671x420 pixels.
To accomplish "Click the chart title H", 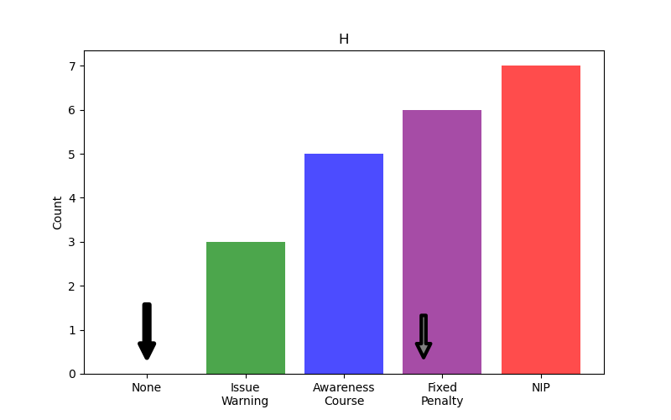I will coord(344,39).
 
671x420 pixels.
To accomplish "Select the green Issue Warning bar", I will coord(246,307).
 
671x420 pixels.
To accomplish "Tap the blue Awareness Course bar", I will coord(344,264).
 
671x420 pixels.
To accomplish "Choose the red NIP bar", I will coord(540,219).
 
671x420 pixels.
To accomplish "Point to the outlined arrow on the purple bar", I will coord(424,336).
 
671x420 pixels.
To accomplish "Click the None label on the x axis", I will coord(147,387).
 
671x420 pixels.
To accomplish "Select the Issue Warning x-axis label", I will coord(245,394).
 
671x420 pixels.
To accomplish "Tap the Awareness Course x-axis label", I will coord(344,394).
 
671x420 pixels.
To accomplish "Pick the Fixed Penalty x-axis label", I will coord(442,394).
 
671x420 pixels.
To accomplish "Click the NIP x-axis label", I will coord(540,387).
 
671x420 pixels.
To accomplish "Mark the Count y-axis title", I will coord(58,213).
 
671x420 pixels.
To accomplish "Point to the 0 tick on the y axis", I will coord(72,374).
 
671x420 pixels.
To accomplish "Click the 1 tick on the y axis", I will coord(72,330).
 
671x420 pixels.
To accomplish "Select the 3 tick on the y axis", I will coord(72,242).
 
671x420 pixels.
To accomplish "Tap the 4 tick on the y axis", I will coord(72,198).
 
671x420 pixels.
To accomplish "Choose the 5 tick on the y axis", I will coord(72,155).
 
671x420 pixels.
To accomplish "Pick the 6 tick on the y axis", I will coord(72,110).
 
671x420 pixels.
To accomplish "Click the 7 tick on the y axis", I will coord(72,66).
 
